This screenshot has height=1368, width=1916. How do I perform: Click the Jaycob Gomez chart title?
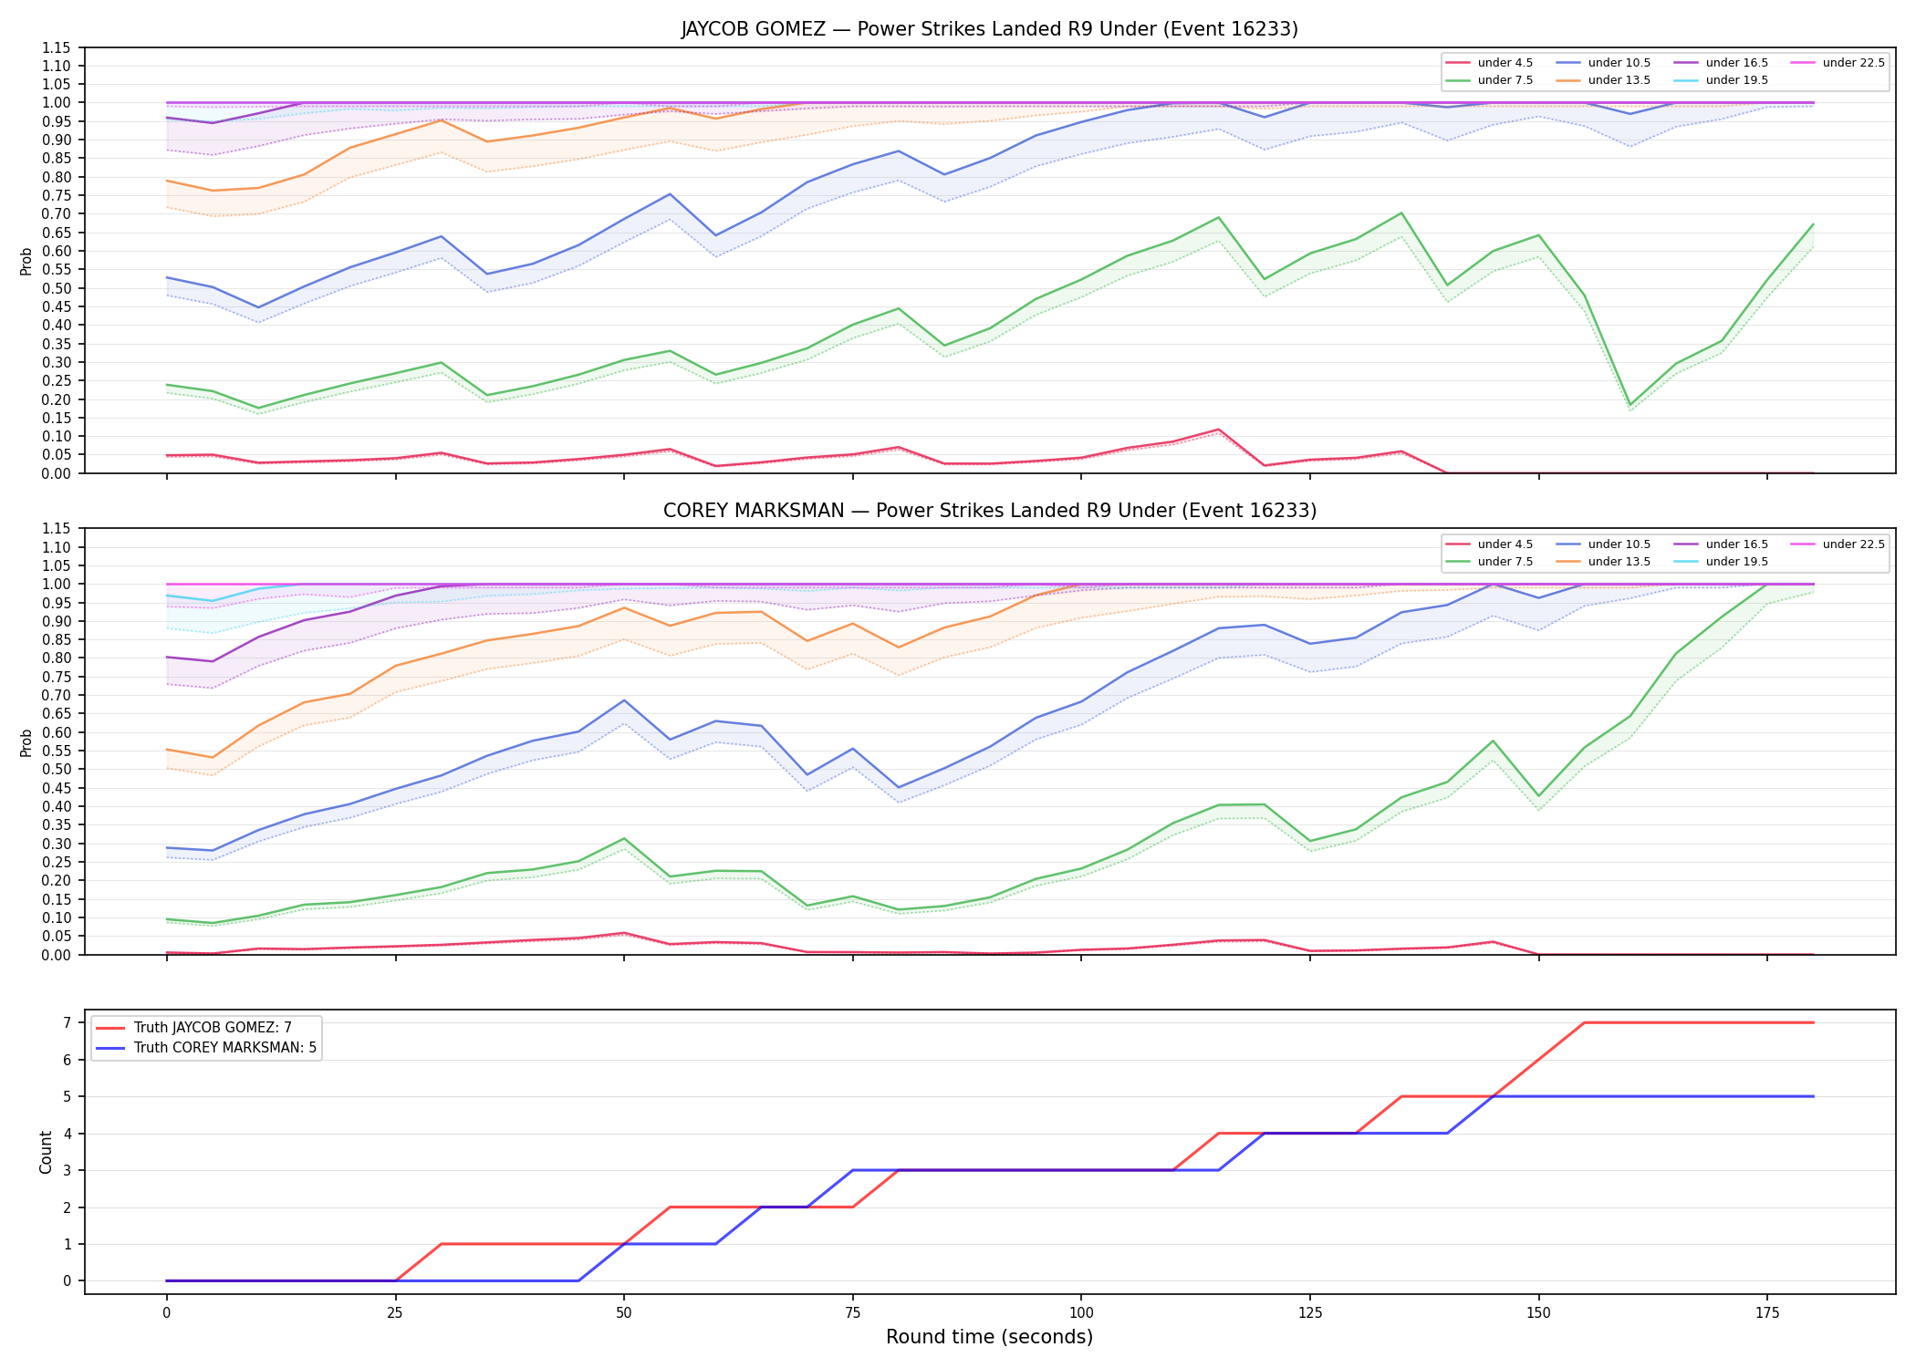[989, 29]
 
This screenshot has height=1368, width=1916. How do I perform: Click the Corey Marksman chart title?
[989, 511]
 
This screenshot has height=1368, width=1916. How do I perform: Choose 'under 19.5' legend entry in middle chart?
[1721, 562]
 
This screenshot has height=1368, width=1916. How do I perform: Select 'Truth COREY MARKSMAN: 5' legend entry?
[206, 1048]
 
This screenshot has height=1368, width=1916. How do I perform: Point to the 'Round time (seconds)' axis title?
[989, 1337]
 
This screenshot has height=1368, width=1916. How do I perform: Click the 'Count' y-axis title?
[46, 1152]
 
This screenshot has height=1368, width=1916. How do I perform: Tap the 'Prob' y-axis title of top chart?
[26, 261]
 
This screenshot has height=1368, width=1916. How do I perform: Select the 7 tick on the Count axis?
[68, 1022]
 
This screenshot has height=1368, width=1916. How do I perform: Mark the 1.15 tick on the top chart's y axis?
[57, 47]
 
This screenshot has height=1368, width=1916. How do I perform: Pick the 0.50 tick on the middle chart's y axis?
[57, 769]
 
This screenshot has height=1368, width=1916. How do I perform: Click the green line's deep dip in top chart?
[1630, 405]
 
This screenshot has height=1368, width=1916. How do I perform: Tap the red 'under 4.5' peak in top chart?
[1218, 430]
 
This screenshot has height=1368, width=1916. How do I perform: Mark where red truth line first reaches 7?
[1584, 1022]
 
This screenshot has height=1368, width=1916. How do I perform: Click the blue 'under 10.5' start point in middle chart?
[166, 848]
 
